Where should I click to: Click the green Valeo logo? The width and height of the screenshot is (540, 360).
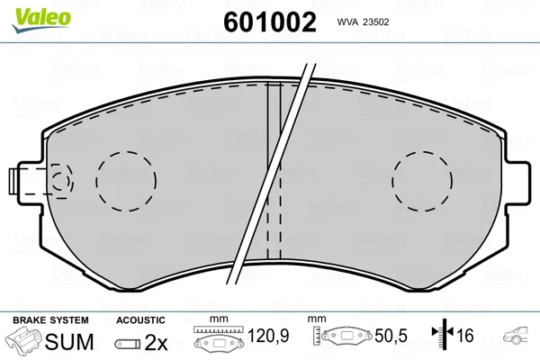coord(40,20)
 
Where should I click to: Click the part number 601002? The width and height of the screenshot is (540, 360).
coord(270,22)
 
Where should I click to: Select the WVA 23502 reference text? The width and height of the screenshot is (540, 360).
coord(363,22)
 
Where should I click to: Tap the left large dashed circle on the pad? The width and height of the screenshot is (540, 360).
coord(126,152)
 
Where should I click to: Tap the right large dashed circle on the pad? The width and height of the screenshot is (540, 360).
coord(422,152)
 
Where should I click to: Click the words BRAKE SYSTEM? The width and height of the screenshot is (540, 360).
coord(50,320)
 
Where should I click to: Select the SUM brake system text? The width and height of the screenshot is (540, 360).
coord(69,342)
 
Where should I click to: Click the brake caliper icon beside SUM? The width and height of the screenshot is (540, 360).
coord(23,339)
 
